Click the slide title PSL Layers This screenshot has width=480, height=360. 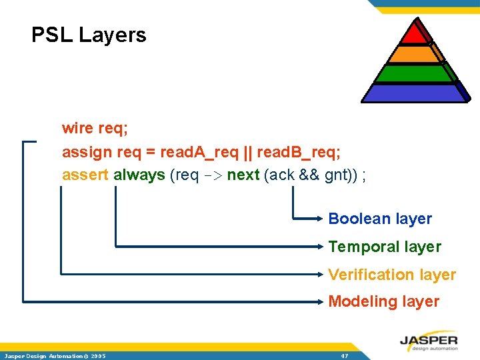pyautogui.click(x=89, y=35)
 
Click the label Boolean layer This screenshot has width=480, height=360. pyautogui.click(x=380, y=219)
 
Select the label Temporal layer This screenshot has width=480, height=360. pyautogui.click(x=385, y=247)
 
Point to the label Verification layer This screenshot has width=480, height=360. pyautogui.click(x=392, y=275)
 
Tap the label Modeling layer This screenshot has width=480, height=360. pyautogui.click(x=383, y=301)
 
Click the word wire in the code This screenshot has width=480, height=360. pyautogui.click(x=76, y=127)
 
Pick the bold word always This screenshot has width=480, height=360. pyautogui.click(x=139, y=175)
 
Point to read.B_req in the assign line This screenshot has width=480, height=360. pyautogui.click(x=298, y=152)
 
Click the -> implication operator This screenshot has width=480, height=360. pyautogui.click(x=210, y=175)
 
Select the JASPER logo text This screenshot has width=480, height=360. pyautogui.click(x=429, y=341)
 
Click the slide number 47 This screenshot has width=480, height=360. pyautogui.click(x=345, y=356)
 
